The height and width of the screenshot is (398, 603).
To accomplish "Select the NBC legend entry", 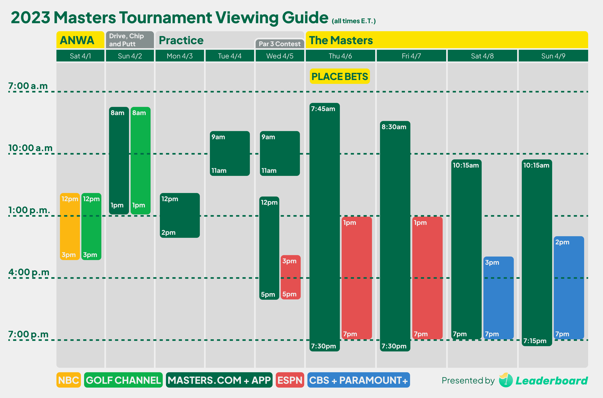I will [x=68, y=380].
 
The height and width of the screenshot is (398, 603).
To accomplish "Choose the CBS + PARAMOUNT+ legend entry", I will [x=358, y=380].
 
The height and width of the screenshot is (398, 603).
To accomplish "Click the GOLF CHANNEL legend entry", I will [x=123, y=380].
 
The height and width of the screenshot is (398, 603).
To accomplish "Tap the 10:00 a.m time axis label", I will [x=30, y=148].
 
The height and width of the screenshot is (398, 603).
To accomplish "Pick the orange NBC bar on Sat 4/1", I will [x=70, y=226].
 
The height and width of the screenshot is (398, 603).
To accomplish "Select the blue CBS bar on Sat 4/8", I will [x=498, y=297].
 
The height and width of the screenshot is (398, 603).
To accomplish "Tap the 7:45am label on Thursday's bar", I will [x=323, y=109].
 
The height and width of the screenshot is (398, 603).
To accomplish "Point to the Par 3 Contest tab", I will [x=279, y=44].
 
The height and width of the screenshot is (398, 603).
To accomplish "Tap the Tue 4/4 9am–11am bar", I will [x=230, y=153].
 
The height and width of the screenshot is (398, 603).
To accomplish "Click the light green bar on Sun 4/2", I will [x=141, y=160].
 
